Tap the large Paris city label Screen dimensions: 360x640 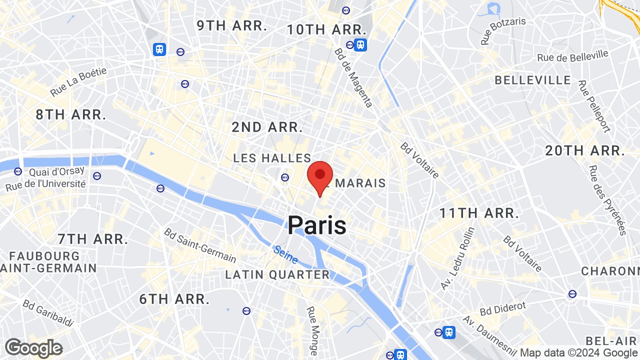(x=317, y=225)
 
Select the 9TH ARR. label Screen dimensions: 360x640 (x=232, y=26)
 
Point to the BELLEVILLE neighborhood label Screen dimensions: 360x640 (x=532, y=80)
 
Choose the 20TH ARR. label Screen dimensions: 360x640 (x=585, y=150)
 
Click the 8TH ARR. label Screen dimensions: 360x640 (x=71, y=114)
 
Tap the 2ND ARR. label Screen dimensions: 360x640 (x=267, y=127)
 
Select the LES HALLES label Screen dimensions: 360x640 (x=272, y=158)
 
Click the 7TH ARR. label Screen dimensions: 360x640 (x=93, y=239)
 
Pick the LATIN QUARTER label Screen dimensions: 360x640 (x=277, y=274)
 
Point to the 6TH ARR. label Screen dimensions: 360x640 (x=174, y=299)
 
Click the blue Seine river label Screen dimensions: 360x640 (x=286, y=254)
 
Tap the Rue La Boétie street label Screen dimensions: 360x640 (x=78, y=82)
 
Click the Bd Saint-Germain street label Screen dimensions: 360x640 (x=200, y=245)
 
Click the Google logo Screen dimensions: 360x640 (x=33, y=348)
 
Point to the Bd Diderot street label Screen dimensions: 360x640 (x=503, y=308)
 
